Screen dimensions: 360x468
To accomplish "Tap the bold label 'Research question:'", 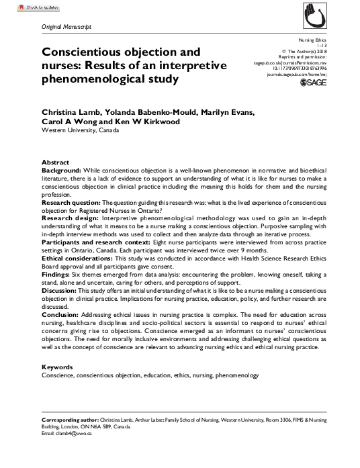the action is tap(71, 201).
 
